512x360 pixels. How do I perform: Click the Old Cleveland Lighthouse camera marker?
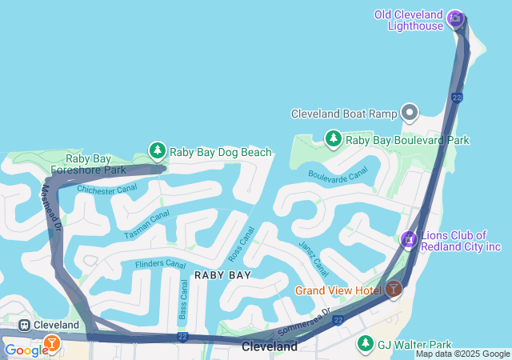coord(455,18)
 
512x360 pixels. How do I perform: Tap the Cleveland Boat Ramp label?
coord(343,114)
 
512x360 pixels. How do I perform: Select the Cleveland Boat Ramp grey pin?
coord(410,113)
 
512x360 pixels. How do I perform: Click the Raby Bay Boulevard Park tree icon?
coord(333,139)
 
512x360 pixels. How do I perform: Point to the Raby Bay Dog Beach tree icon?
coord(158,150)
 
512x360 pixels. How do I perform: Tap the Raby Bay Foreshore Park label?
coord(88,164)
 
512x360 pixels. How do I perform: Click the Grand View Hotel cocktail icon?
coord(393,290)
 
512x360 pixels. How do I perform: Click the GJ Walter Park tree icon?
coord(365,343)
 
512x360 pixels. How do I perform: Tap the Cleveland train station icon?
coord(25,325)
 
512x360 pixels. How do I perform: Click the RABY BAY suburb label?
coord(222,275)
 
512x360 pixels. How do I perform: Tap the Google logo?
coord(26,350)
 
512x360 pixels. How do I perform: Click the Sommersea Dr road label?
coord(303,321)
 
